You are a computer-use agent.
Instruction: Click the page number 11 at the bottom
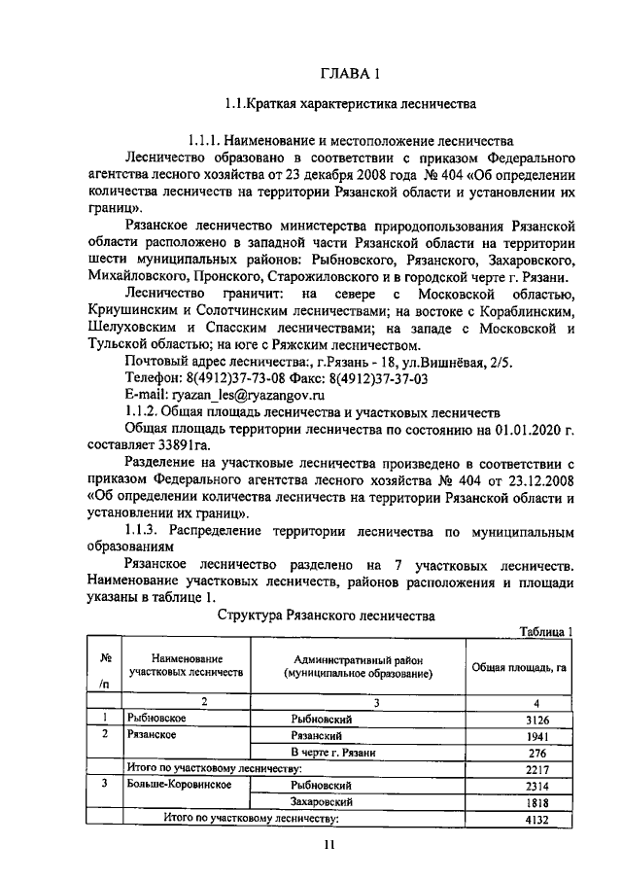tap(329, 846)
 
